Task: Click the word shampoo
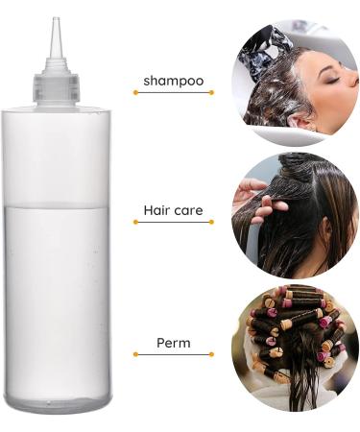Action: pos(173,81)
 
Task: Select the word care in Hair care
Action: pos(187,209)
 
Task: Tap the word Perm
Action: pos(173,342)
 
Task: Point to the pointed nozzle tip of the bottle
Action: pos(57,21)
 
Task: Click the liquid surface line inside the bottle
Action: pos(56,204)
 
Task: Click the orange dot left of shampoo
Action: pos(134,92)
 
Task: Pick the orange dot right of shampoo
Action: pos(211,92)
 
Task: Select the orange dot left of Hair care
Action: pos(134,222)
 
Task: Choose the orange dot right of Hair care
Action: pos(211,222)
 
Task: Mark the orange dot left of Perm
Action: pos(134,354)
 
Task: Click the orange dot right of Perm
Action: pos(211,354)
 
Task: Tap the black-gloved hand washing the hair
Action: pos(263,49)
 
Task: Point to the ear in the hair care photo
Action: pos(325,231)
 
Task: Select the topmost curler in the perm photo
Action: pos(301,291)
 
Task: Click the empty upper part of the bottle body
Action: pos(56,154)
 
